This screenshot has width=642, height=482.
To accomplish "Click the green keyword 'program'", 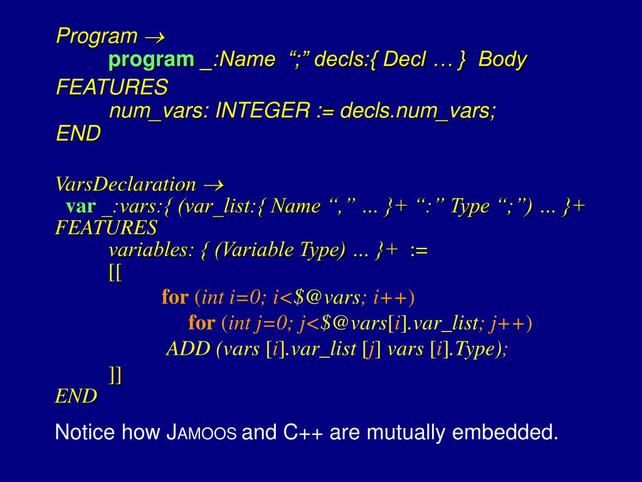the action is pos(151,60).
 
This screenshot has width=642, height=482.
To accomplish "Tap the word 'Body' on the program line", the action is pos(503,60).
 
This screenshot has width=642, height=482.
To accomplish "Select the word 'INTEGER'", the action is pos(263,111).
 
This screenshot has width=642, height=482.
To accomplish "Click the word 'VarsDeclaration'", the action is pos(125,185).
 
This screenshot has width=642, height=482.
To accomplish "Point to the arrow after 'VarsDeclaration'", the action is pos(214,185).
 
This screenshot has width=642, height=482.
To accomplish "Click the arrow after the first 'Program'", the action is pos(154,36).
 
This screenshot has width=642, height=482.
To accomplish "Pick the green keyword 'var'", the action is pos(81,206).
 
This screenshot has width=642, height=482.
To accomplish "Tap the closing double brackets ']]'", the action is pos(115,375).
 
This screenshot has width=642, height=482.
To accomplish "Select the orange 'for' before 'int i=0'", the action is pos(175,296).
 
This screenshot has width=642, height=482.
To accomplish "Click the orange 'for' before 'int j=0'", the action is pos(201,323).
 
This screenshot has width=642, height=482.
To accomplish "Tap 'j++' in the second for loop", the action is pos(508,323).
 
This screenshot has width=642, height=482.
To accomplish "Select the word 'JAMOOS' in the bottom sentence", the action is pos(201,432).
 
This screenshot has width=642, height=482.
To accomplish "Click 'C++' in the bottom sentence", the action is pos(306,432).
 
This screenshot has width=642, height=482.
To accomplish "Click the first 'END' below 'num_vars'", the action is pos(78,134).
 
